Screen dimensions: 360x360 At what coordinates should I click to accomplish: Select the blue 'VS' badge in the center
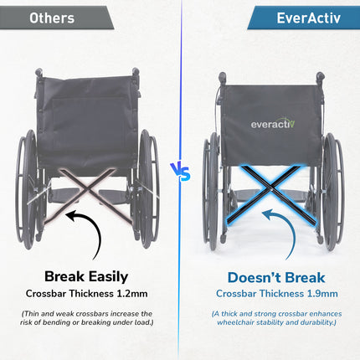pyautogui.click(x=180, y=171)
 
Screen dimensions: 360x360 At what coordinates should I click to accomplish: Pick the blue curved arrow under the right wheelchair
pyautogui.click(x=276, y=232)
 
